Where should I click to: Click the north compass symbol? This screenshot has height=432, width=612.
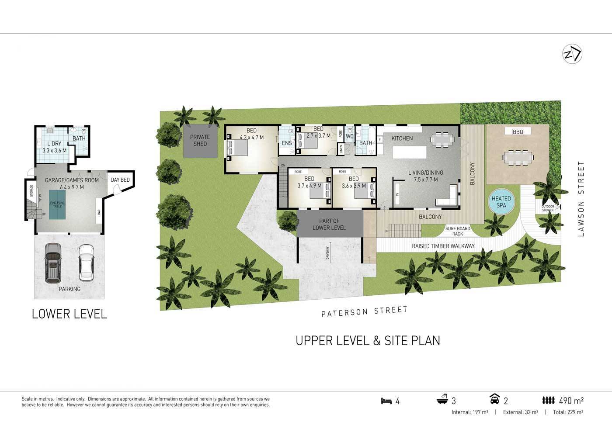pyautogui.click(x=572, y=54)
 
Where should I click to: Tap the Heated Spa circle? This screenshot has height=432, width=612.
pyautogui.click(x=501, y=202)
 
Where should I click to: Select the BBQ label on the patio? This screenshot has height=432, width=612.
pyautogui.click(x=518, y=131)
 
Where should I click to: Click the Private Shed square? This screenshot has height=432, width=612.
pyautogui.click(x=200, y=141)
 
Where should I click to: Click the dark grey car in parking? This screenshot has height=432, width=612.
pyautogui.click(x=53, y=262)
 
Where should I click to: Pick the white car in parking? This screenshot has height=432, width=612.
pyautogui.click(x=86, y=262)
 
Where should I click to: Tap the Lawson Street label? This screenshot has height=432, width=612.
pyautogui.click(x=581, y=199)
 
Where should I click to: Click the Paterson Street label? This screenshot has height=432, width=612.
pyautogui.click(x=364, y=311)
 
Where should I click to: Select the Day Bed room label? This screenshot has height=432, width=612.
pyautogui.click(x=120, y=180)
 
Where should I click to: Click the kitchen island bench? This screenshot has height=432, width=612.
pyautogui.click(x=409, y=152)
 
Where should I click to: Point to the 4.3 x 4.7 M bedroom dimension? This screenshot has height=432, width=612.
pyautogui.click(x=251, y=137)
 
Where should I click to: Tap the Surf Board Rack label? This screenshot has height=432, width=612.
pyautogui.click(x=457, y=231)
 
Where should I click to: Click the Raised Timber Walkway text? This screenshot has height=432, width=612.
pyautogui.click(x=443, y=246)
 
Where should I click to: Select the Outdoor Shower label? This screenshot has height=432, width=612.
pyautogui.click(x=548, y=208)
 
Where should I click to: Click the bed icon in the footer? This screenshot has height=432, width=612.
pyautogui.click(x=386, y=401)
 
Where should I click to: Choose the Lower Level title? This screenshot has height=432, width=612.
pyautogui.click(x=69, y=314)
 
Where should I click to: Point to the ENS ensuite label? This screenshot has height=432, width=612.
pyautogui.click(x=287, y=143)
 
